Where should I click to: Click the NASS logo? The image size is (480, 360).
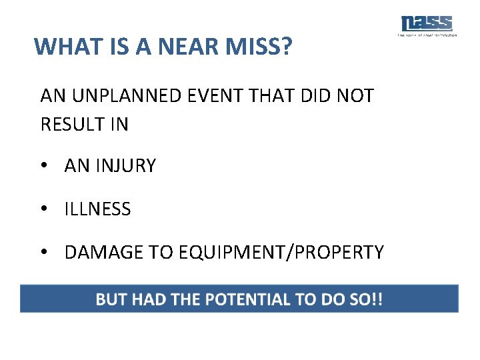point(427,23)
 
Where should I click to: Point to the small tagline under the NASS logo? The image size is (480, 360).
point(427,35)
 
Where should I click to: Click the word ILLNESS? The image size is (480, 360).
point(97,209)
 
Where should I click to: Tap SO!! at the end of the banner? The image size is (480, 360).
point(366,299)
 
